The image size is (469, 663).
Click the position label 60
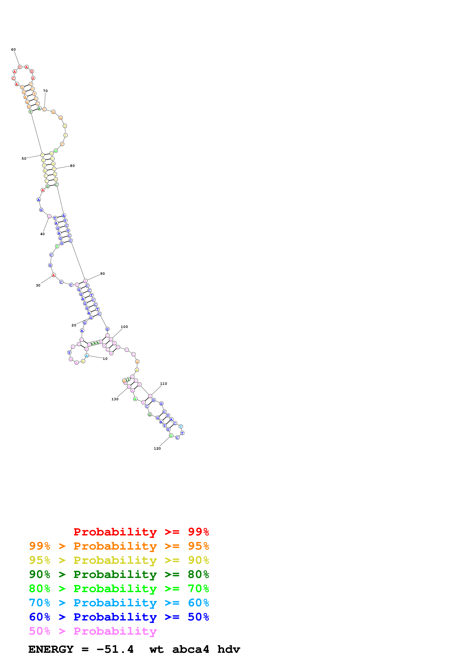13,50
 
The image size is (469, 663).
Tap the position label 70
45,91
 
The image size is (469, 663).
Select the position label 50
24,159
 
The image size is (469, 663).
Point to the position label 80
72,166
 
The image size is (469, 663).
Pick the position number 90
103,274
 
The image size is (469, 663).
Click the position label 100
124,327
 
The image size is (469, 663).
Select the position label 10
105,359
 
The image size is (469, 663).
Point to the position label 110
164,384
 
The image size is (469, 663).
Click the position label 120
157,448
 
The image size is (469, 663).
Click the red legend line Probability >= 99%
141,532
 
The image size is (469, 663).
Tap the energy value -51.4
115,649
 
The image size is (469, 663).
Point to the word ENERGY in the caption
51,649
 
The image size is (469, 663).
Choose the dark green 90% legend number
40,574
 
